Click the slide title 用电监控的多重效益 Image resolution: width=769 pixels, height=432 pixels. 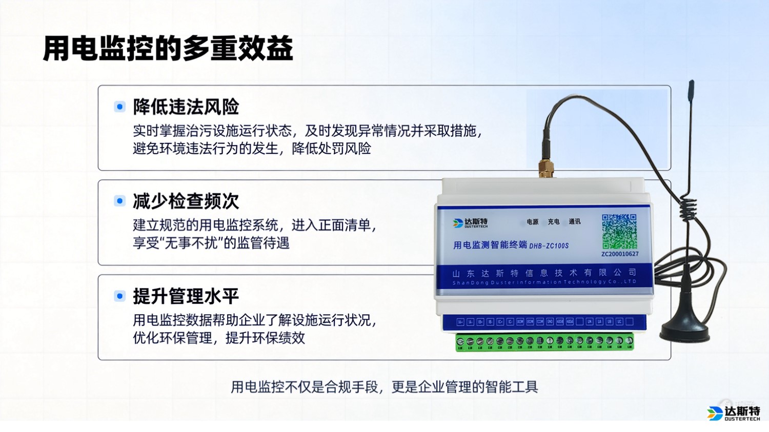pos(168,49)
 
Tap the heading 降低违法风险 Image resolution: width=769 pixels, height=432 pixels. pos(186,107)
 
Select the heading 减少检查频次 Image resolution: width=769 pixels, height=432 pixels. pos(186,201)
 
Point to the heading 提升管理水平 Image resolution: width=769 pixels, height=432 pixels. pos(186,296)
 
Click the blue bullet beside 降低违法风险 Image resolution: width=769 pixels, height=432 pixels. pos(120,107)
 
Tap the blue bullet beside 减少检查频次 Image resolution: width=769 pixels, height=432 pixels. pos(120,201)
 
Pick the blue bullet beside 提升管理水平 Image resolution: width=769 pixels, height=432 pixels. pos(120,296)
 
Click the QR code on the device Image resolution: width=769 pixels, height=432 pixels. pos(619,232)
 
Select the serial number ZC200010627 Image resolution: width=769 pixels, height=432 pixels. pos(620,254)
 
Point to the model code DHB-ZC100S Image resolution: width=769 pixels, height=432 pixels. pos(549,246)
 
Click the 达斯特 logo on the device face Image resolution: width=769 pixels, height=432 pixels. pos(471,223)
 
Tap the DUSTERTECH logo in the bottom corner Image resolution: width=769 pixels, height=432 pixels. pos(734,413)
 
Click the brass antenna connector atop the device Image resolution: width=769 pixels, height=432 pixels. pos(546,168)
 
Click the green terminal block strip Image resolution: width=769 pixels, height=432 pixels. pos(544,342)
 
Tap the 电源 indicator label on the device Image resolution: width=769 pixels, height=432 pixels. pos(533,222)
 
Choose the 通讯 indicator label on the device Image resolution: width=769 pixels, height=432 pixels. pos(575,222)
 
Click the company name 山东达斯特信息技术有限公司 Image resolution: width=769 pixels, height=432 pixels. pos(544,273)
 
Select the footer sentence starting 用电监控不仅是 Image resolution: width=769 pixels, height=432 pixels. pos(384,387)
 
